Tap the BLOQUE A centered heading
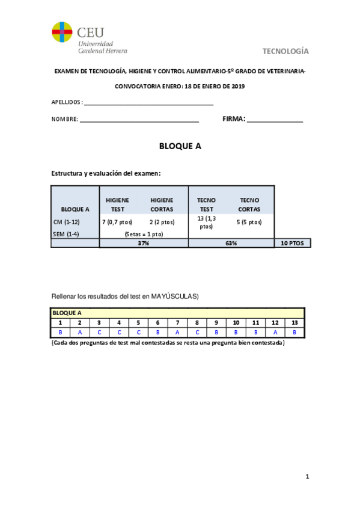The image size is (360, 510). [x=180, y=146]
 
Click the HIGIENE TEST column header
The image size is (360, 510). [x=118, y=204]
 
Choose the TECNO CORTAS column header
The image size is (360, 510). [x=249, y=204]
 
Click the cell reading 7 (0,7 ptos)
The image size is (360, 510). [x=118, y=222]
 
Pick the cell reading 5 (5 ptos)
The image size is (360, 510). [x=249, y=222]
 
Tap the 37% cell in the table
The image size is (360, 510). [x=143, y=243]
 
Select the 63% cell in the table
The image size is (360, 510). [x=231, y=243]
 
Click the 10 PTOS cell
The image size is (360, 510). [x=293, y=243]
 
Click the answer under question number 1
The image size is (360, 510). [x=61, y=332]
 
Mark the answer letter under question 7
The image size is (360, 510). [x=177, y=332]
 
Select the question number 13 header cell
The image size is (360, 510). [x=294, y=323]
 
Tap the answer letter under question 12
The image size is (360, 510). [x=275, y=332]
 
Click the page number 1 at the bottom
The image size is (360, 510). [x=307, y=477]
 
